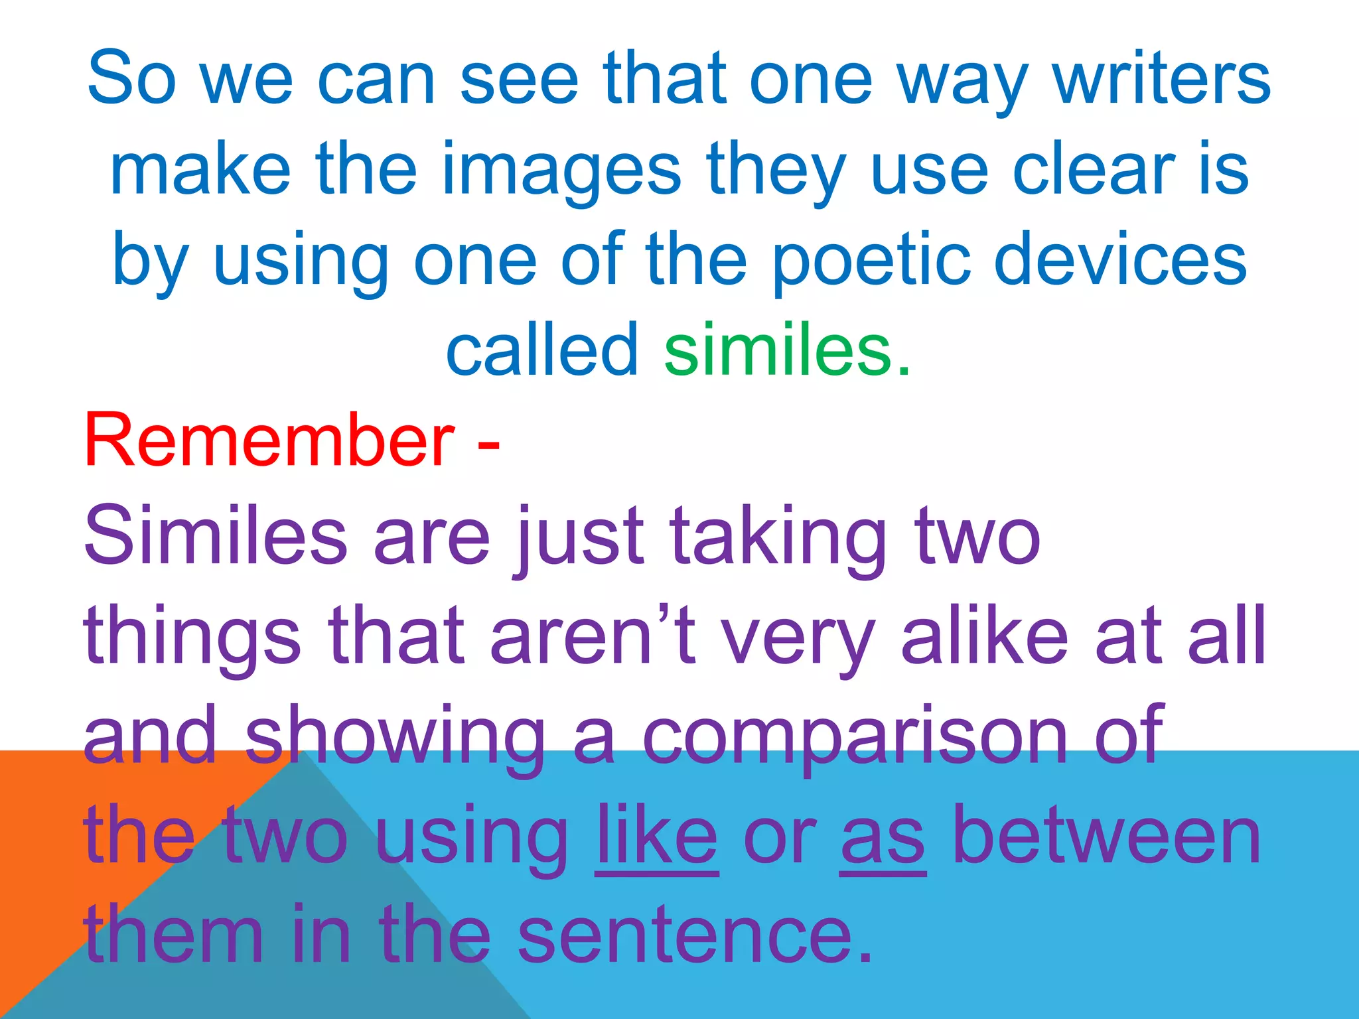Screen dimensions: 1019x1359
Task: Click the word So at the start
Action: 132,78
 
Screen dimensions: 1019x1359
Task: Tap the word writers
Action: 1162,78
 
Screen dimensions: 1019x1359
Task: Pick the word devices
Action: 1121,260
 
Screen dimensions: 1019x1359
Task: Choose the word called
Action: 541,349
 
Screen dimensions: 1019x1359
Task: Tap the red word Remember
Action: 269,441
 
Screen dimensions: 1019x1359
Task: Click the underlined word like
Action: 656,835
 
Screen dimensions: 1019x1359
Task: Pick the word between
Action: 1106,835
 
